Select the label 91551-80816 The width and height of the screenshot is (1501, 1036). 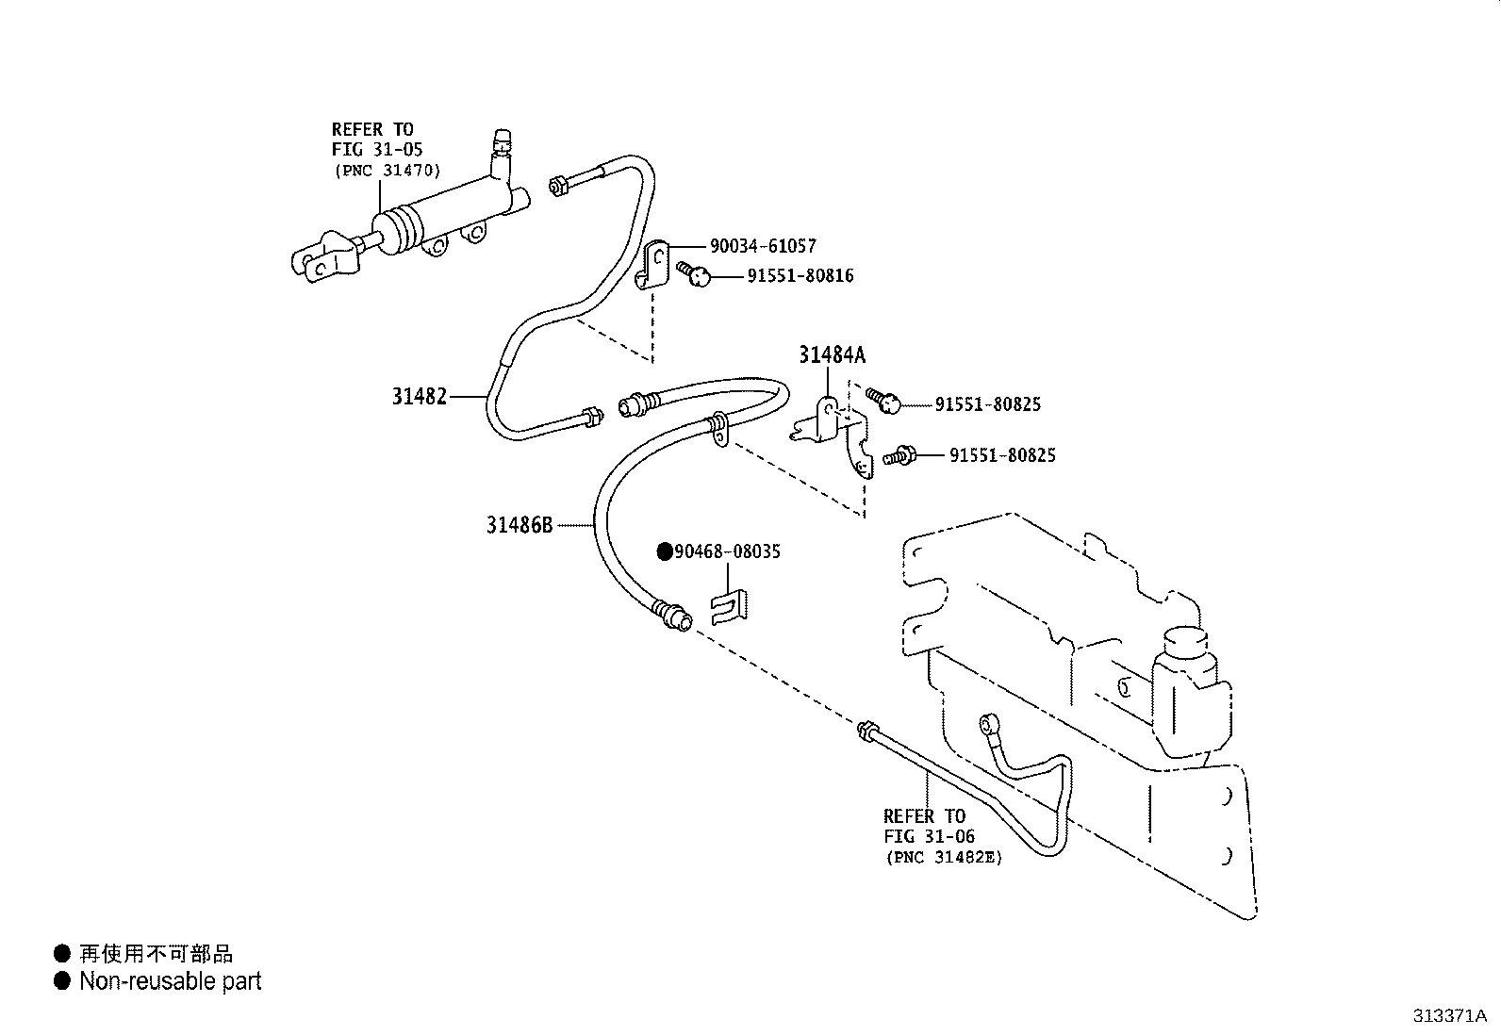tap(800, 276)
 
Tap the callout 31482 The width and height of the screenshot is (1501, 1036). tap(419, 397)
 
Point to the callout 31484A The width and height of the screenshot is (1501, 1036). tap(832, 355)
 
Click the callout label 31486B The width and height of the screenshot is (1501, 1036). tap(519, 525)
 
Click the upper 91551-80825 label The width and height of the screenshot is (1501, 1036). tap(987, 404)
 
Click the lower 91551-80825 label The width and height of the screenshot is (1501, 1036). tap(1001, 455)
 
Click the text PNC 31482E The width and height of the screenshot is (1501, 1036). tap(943, 857)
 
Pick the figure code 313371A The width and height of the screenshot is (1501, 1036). tap(1449, 1016)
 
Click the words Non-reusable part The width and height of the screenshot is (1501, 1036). tap(170, 981)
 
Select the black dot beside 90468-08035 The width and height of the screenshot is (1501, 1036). tap(665, 552)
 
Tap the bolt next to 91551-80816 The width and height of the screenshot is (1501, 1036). tap(696, 274)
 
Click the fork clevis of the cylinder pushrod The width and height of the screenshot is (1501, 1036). tap(320, 260)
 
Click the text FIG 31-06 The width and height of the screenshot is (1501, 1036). tap(929, 836)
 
